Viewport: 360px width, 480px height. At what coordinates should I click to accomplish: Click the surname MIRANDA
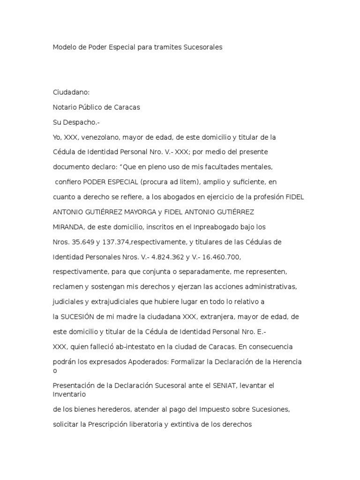point(68,227)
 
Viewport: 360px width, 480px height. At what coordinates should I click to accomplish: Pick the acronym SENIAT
point(226,386)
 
